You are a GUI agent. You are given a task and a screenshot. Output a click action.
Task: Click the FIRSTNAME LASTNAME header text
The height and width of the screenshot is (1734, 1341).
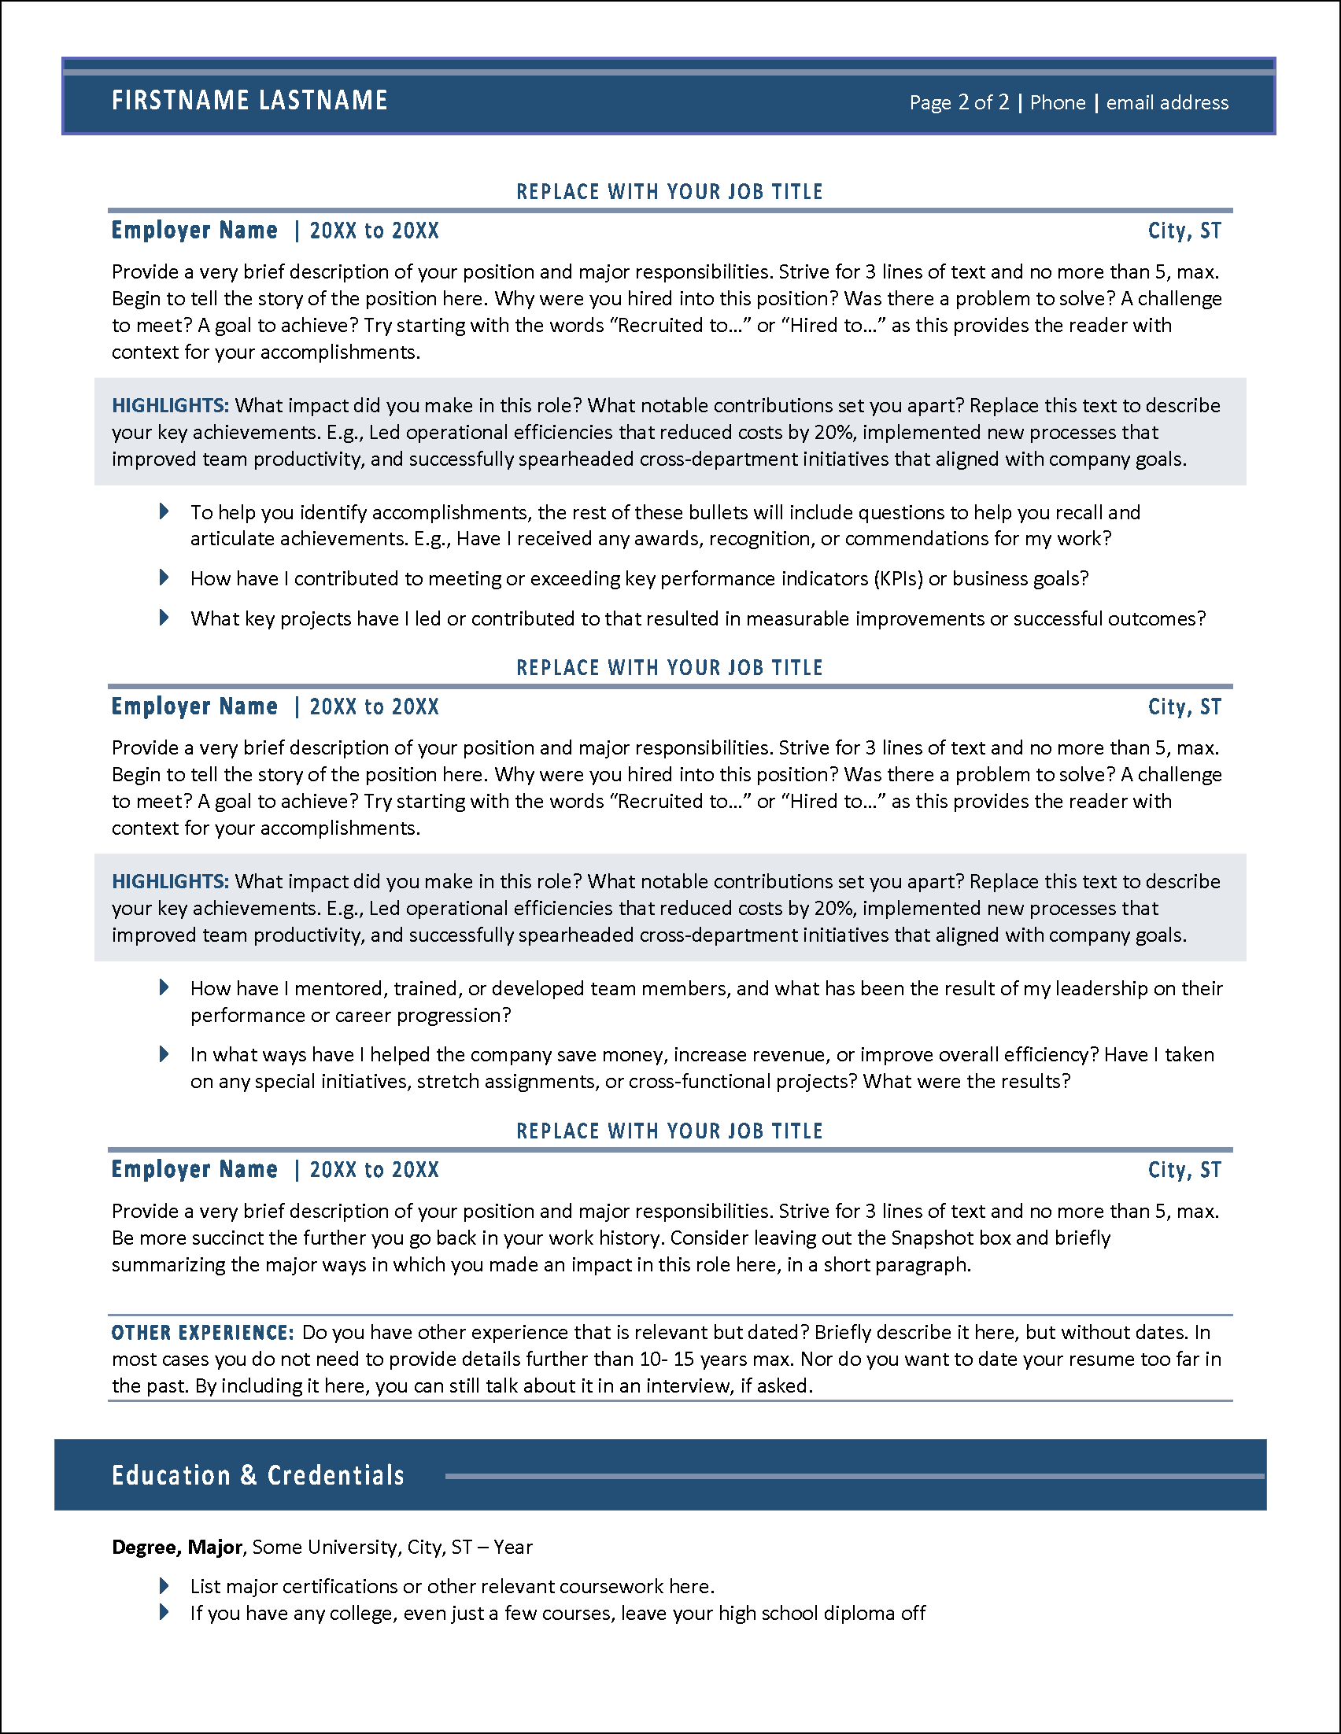tap(249, 101)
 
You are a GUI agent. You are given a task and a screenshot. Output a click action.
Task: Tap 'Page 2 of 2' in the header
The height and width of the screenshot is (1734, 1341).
tap(959, 102)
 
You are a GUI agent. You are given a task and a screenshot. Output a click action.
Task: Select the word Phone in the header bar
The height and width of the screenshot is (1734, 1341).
tap(1057, 102)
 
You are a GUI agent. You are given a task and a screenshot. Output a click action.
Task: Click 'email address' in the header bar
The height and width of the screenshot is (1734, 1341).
tap(1166, 102)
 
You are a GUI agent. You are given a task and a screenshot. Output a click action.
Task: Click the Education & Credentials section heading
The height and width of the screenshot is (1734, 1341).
tap(258, 1475)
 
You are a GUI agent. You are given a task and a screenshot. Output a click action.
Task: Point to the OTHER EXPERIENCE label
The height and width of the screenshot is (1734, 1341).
tap(202, 1332)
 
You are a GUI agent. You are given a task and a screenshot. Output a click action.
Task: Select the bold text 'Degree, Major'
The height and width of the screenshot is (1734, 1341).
tap(176, 1547)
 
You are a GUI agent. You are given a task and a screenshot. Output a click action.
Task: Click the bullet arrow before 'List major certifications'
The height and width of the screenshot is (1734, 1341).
tap(164, 1585)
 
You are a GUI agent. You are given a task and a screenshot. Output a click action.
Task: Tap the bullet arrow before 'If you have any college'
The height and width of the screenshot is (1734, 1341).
tap(164, 1612)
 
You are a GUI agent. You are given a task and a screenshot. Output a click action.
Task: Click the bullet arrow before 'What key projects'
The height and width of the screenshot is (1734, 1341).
tap(164, 617)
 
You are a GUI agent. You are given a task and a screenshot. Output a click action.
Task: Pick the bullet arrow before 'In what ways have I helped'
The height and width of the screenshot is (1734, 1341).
tap(164, 1053)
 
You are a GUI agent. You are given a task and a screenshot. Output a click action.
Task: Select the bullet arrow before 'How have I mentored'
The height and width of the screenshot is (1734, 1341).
tap(164, 987)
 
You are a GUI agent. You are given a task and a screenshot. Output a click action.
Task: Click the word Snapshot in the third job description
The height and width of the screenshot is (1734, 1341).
tap(929, 1238)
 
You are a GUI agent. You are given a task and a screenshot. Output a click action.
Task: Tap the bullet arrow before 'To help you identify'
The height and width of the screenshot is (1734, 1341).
tap(164, 511)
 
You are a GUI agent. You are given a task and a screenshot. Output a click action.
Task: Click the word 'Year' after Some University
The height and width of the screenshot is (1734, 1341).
tap(513, 1547)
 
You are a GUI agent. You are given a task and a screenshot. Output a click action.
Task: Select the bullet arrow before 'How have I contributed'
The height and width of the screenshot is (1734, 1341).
tap(164, 577)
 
